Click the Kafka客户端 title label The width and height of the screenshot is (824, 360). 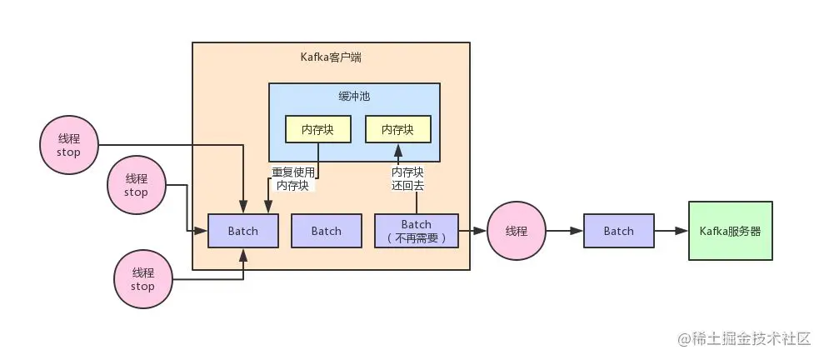click(331, 57)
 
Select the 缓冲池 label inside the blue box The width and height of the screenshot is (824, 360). click(354, 97)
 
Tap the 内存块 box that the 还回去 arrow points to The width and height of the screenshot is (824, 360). click(397, 129)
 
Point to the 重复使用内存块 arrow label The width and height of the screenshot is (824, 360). click(292, 179)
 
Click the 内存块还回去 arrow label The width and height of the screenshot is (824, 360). click(407, 179)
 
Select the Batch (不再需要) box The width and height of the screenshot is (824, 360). click(417, 231)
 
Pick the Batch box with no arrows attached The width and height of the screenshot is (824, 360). click(327, 231)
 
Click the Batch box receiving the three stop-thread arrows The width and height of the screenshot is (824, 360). click(242, 231)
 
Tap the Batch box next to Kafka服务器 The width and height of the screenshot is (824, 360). click(618, 231)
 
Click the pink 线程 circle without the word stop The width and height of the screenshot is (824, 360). click(517, 231)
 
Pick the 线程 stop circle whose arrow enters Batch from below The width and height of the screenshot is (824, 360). click(142, 279)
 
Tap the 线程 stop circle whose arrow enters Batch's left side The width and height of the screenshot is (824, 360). click(136, 185)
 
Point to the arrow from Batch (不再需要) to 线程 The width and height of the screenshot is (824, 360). click(472, 231)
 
